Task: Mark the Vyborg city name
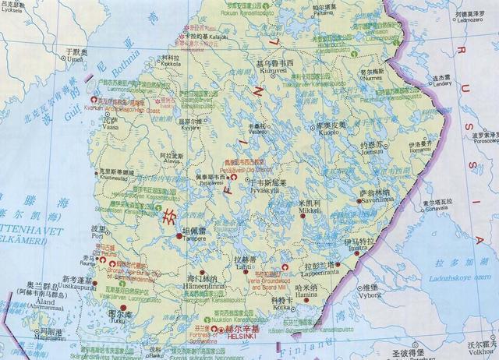[370, 296]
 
